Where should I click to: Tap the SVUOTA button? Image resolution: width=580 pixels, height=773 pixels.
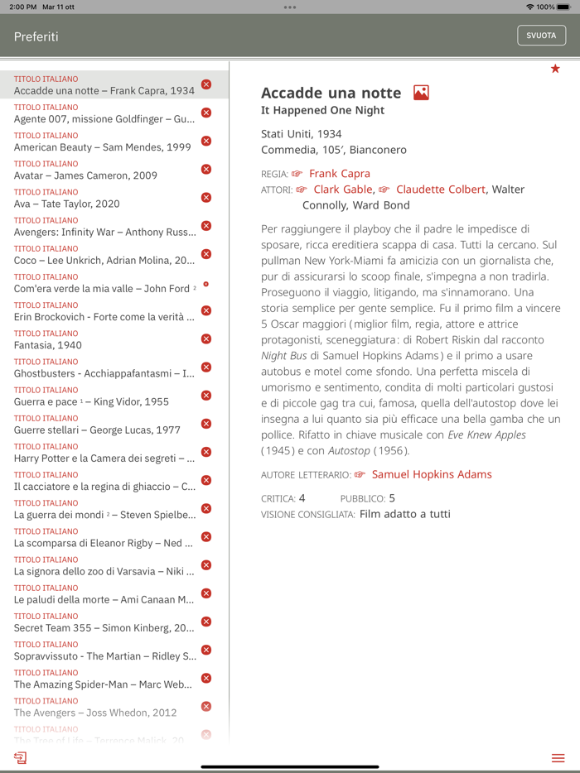tap(541, 36)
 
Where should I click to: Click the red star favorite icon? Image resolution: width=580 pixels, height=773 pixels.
tap(555, 69)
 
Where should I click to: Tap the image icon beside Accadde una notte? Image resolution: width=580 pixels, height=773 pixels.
tap(421, 93)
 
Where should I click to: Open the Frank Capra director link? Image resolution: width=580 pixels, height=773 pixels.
tap(339, 174)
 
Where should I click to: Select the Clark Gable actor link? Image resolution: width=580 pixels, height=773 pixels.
tap(343, 190)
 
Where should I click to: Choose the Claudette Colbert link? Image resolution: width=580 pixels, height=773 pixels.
tap(440, 190)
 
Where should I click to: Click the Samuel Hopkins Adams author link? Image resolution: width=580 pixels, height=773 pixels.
tap(431, 474)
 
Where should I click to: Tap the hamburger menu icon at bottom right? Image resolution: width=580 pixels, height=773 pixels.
tap(558, 758)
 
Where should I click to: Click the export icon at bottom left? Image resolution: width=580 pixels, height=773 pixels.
tap(20, 758)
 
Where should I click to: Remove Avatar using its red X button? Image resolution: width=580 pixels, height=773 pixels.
tap(206, 169)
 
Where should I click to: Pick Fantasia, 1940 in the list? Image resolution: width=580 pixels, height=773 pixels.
tap(48, 345)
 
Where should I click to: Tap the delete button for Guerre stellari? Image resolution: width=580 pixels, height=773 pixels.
tap(206, 424)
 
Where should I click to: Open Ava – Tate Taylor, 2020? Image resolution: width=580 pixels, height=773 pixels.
tap(66, 204)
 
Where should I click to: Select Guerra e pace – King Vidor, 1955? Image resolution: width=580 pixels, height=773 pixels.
tap(91, 401)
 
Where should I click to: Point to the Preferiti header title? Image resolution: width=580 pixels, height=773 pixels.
tap(36, 36)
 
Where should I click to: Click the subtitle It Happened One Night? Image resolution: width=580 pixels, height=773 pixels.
tap(322, 111)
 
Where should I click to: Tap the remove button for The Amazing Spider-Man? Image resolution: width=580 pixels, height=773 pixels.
tap(206, 678)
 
